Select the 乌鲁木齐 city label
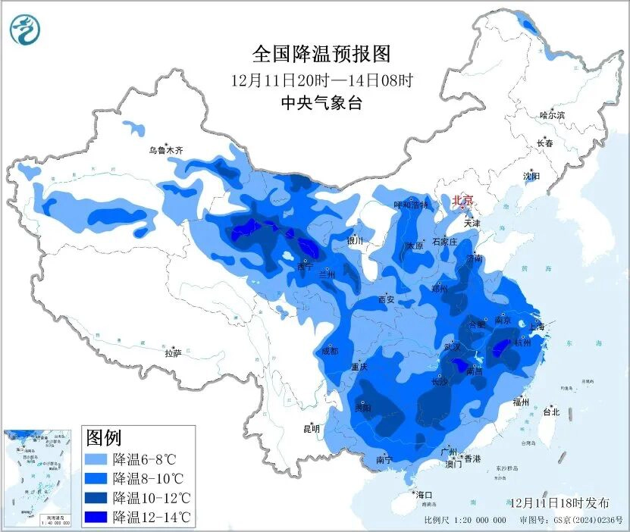click(165, 151)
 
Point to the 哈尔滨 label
click(552, 115)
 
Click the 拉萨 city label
click(173, 353)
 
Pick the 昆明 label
click(312, 428)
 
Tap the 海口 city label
click(423, 495)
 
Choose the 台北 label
click(551, 412)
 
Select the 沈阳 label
click(531, 176)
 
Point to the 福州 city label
click(520, 402)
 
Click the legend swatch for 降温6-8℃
click(96, 459)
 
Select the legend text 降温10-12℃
click(152, 498)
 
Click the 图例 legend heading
click(104, 437)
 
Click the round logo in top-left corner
click(27, 30)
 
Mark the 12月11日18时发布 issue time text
click(560, 502)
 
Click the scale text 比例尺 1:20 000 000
click(465, 521)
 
